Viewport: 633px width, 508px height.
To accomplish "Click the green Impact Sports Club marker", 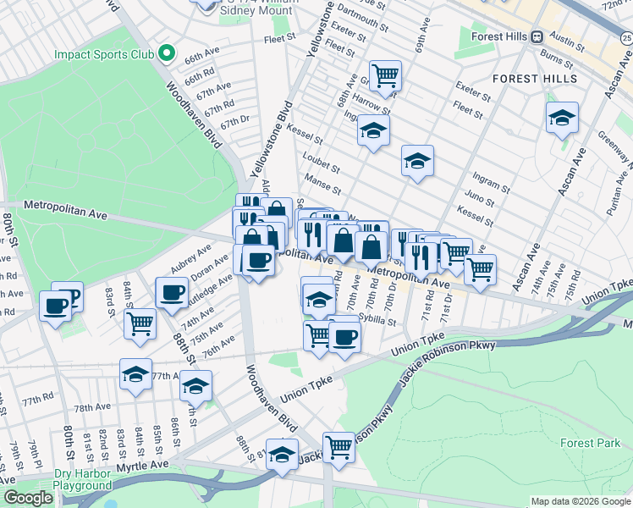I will (167, 54).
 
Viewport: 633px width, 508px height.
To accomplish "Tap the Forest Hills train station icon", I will (536, 36).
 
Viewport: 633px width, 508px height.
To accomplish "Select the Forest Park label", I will (590, 443).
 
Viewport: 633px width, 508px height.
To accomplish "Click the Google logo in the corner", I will (29, 499).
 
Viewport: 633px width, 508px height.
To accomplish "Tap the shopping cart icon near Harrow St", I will (385, 75).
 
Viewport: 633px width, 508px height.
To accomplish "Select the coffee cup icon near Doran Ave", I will (172, 293).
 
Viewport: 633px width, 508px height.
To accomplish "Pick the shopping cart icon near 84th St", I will (140, 322).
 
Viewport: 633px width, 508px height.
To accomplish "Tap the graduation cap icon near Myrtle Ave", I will (282, 454).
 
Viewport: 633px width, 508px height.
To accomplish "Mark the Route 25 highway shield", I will (625, 36).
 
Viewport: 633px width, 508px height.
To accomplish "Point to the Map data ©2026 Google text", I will (580, 501).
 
